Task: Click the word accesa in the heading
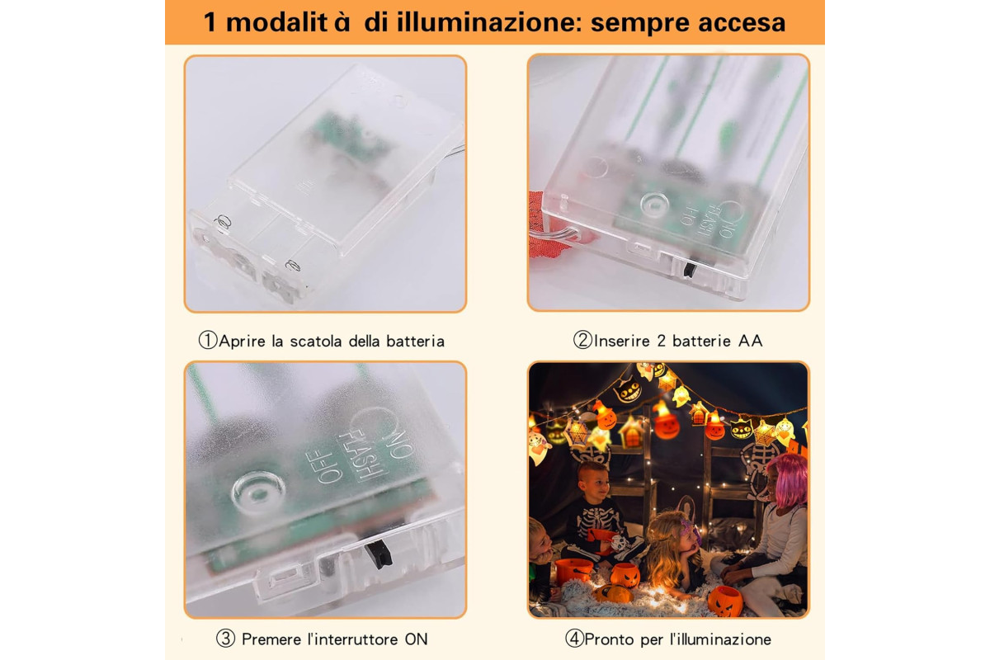point(742,23)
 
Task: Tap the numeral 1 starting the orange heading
point(210,22)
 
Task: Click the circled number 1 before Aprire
point(208,341)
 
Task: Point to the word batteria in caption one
point(416,342)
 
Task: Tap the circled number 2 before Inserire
point(582,341)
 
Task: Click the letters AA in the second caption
point(750,341)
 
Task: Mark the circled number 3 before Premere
point(225,639)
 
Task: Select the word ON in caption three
point(416,639)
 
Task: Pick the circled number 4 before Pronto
point(574,639)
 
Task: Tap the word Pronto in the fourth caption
point(609,639)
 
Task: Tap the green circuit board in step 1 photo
point(345,137)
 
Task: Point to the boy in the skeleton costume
point(596,513)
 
